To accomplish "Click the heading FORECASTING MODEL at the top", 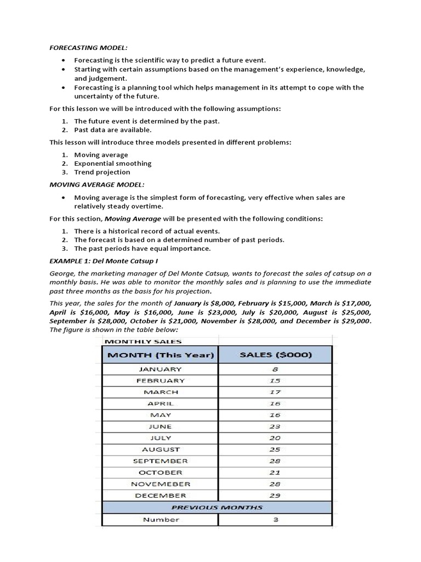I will click(88, 48).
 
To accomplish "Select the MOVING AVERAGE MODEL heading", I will click(96, 184).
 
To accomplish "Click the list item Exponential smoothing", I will click(112, 164).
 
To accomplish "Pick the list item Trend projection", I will click(102, 172).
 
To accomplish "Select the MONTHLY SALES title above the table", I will click(135, 341).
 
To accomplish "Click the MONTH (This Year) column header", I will click(161, 355).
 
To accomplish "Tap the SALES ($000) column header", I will click(276, 355).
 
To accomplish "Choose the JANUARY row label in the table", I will click(161, 369).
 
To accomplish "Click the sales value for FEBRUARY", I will click(275, 380).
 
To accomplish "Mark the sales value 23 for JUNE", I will click(275, 426).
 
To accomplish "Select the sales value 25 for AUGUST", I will click(275, 449).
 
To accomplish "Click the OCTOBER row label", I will click(161, 473).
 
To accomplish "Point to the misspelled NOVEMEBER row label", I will click(161, 484).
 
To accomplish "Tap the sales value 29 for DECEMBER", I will click(275, 496).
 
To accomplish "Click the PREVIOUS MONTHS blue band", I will click(217, 507).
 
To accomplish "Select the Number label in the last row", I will click(161, 520).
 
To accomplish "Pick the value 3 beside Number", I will click(275, 520).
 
